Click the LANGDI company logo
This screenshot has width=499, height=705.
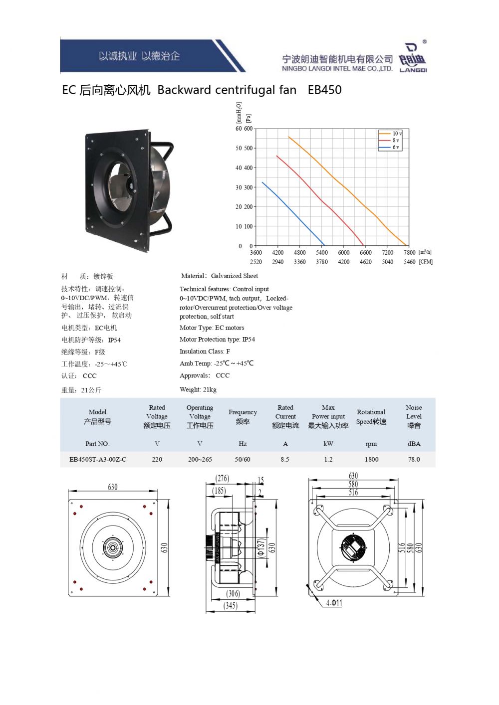413,57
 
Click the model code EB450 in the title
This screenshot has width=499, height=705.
324,90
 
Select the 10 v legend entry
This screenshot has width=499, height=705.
390,134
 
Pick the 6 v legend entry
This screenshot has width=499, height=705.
389,147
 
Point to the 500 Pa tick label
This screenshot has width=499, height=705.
248,148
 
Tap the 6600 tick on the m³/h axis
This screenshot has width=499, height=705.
365,252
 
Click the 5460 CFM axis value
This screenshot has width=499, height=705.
409,262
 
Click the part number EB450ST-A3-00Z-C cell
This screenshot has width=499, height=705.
98,460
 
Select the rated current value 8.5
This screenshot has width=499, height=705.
285,460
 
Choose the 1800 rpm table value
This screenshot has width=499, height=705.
371,460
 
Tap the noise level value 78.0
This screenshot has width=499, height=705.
414,460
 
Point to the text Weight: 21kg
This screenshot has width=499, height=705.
198,389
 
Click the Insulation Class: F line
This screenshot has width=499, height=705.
205,351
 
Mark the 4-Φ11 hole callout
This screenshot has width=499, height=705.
334,603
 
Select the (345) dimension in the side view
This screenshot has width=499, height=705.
230,606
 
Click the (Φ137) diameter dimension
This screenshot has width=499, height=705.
261,548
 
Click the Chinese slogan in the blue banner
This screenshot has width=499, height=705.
139,56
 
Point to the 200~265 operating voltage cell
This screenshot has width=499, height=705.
200,460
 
